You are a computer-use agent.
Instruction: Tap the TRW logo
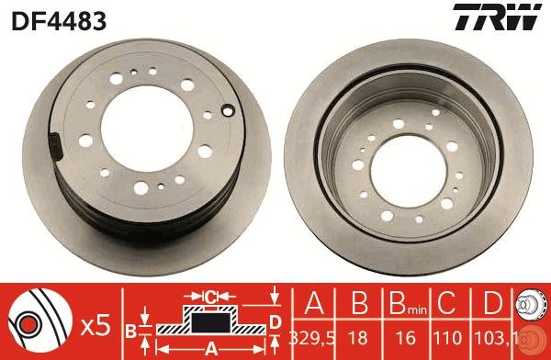(507, 17)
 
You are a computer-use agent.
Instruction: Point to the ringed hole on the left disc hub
(227, 112)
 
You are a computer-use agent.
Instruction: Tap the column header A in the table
(312, 304)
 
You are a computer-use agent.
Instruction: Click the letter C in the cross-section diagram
(210, 296)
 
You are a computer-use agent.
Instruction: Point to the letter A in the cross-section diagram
(210, 347)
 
